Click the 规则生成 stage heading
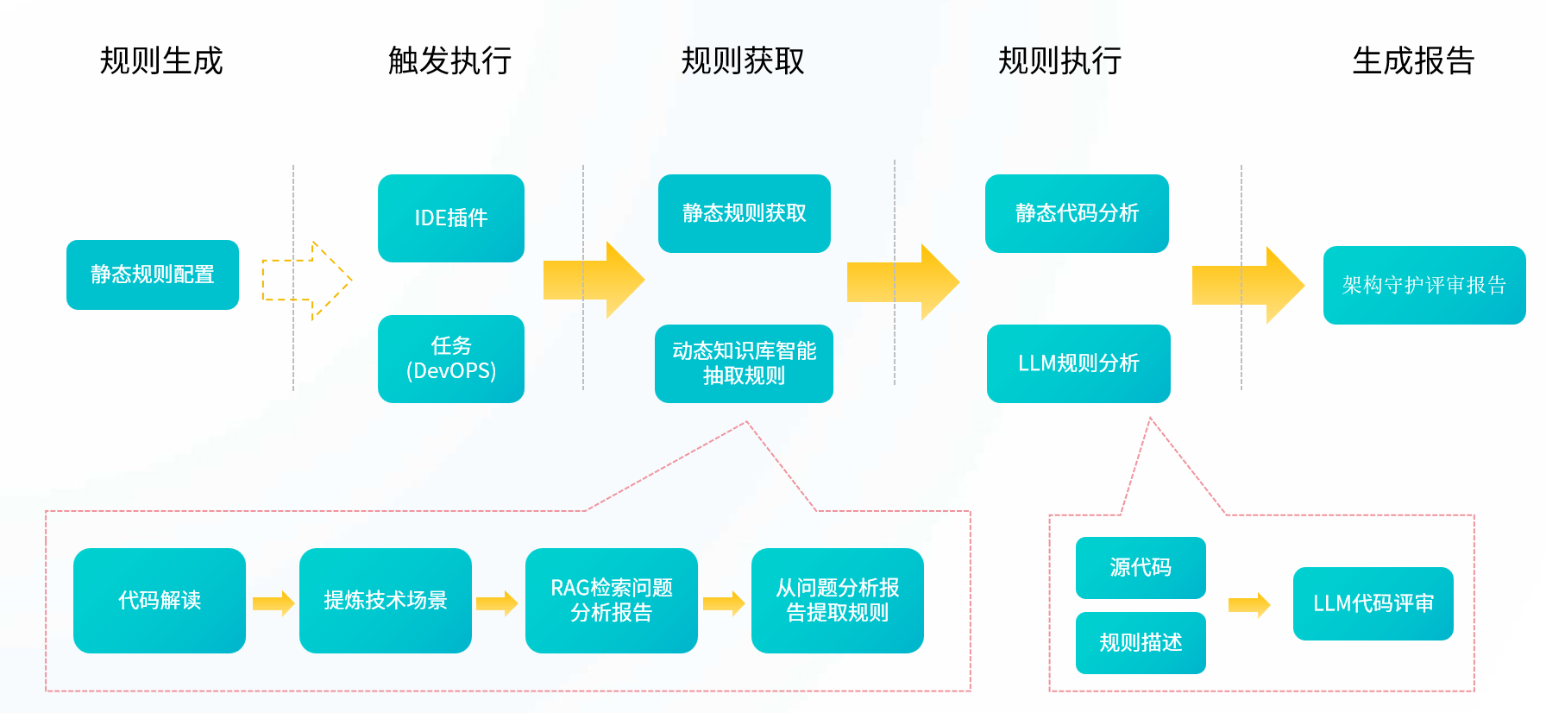pyautogui.click(x=161, y=61)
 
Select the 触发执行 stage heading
pyautogui.click(x=449, y=61)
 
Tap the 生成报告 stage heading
pyautogui.click(x=1413, y=61)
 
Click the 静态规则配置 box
pyautogui.click(x=153, y=274)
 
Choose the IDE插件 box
pyautogui.click(x=451, y=218)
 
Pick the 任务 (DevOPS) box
pyautogui.click(x=451, y=359)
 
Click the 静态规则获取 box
pyautogui.click(x=744, y=213)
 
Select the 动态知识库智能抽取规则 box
pyautogui.click(x=744, y=363)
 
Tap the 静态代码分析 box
pyautogui.click(x=1077, y=213)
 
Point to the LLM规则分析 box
pyautogui.click(x=1078, y=363)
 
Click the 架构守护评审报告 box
pyautogui.click(x=1423, y=285)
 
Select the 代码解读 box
pyautogui.click(x=160, y=601)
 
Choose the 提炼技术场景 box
pyautogui.click(x=386, y=601)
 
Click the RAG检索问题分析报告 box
pyautogui.click(x=612, y=601)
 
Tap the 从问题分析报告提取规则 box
pyautogui.click(x=838, y=601)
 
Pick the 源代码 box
pyautogui.click(x=1141, y=568)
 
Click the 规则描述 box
pyautogui.click(x=1141, y=643)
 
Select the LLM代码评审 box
pyautogui.click(x=1373, y=603)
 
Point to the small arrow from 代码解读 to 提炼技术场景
pyautogui.click(x=273, y=603)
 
